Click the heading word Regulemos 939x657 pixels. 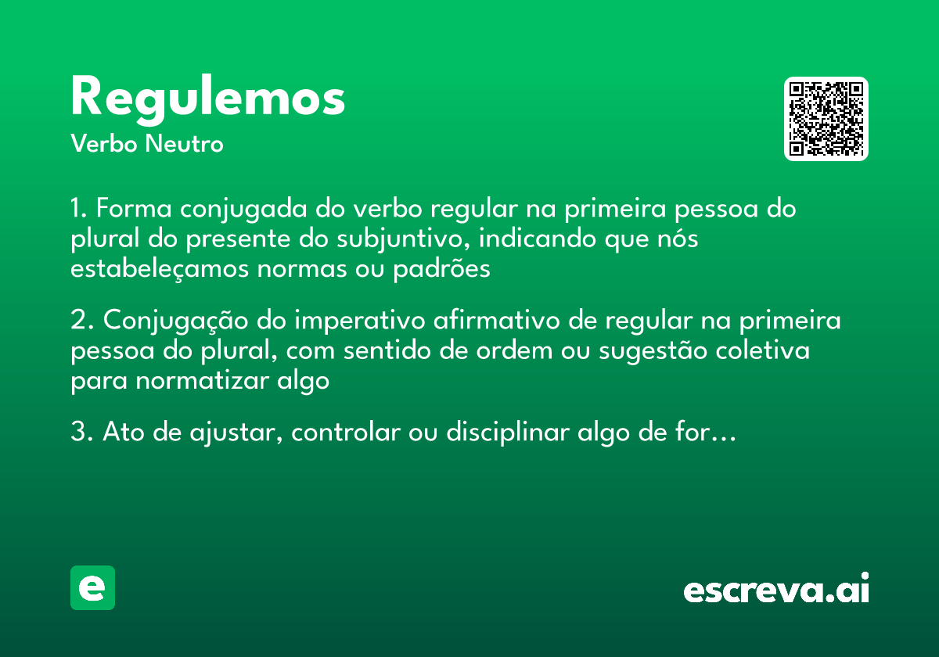click(207, 99)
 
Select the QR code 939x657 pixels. click(826, 119)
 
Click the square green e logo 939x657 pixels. click(92, 587)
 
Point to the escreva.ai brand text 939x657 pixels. click(776, 590)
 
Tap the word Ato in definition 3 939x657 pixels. click(121, 433)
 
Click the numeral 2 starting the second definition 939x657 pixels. click(77, 321)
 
